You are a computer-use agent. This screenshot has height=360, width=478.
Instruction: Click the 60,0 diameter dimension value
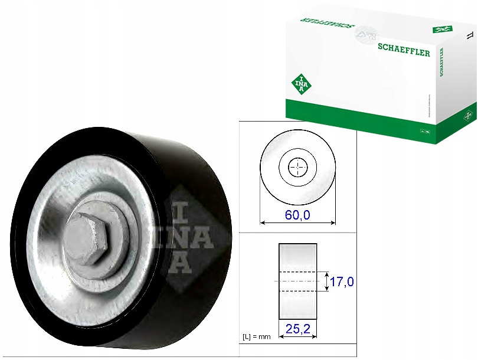coord(297,215)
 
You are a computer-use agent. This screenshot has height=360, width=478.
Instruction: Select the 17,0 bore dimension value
coord(342,282)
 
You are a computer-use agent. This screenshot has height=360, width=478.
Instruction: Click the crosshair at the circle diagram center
coord(298,168)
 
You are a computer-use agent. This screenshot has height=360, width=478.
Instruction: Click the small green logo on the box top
coord(442,29)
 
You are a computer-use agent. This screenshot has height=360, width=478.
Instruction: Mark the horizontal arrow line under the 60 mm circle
coord(298,222)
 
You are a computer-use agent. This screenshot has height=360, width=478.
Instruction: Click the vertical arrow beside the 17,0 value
coord(326,282)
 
